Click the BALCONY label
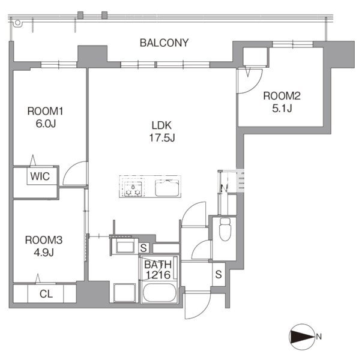[x=164, y=43]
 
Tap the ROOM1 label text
[x=45, y=111]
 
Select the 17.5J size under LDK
[x=162, y=138]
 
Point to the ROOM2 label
[x=282, y=96]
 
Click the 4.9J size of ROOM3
[x=44, y=253]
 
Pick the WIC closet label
[x=40, y=176]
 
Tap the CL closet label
[x=46, y=294]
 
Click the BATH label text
[x=158, y=265]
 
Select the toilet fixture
[x=225, y=229]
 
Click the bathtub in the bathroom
[x=159, y=293]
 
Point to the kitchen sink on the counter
[x=167, y=188]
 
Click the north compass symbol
[x=302, y=337]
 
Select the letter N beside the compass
[x=319, y=337]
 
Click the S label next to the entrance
[x=219, y=274]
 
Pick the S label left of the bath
[x=143, y=248]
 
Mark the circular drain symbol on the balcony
[x=17, y=23]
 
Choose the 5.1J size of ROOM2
[x=282, y=108]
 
